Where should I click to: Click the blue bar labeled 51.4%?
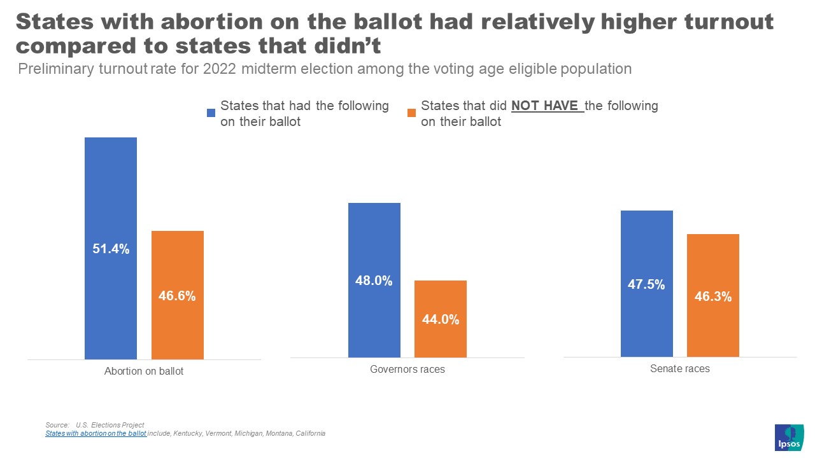111,248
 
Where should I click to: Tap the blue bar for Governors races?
374,280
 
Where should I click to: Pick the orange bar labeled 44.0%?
440,319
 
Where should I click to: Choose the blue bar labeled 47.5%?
646,284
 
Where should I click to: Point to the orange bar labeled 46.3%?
712,296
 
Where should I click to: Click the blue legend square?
211,113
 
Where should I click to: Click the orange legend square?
411,113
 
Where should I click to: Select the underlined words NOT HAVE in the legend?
547,106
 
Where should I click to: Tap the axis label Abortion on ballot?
144,371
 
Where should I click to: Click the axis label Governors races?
407,369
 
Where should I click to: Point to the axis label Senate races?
679,368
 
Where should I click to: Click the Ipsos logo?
788,437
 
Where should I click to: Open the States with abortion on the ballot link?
96,433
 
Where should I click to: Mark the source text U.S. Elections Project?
110,425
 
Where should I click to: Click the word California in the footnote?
311,433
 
